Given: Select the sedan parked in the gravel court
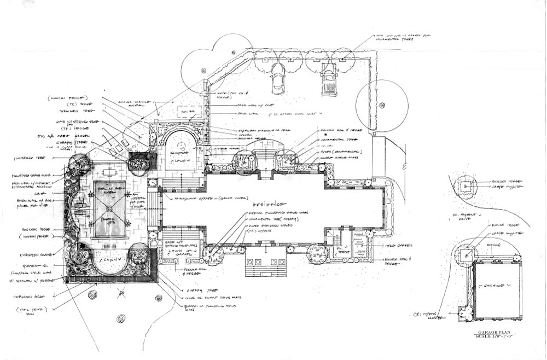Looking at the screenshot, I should (x=277, y=80).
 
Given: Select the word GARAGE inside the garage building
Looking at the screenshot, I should (x=491, y=286).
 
